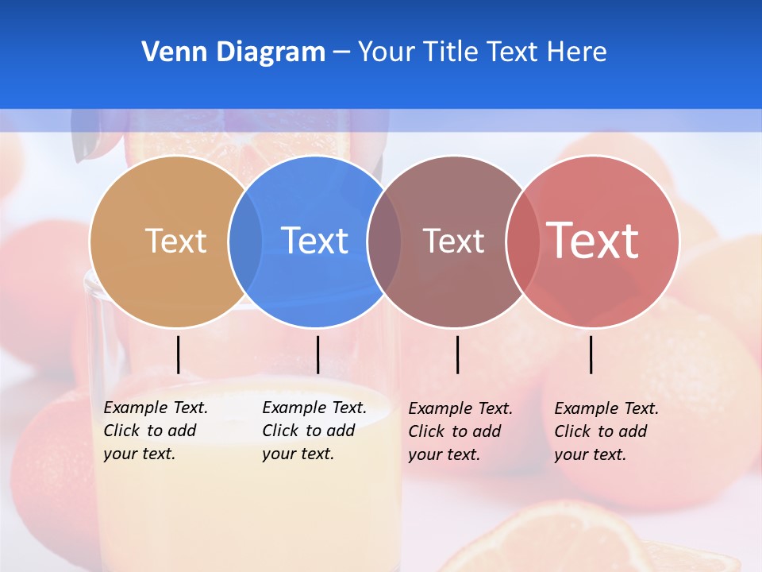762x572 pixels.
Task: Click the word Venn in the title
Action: [x=169, y=52]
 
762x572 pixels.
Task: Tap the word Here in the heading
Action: [x=577, y=52]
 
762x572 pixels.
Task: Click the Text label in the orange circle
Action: [x=175, y=241]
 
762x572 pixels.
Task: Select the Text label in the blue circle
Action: [x=314, y=241]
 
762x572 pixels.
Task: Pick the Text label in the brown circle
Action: [x=453, y=241]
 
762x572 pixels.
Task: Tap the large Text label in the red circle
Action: [x=593, y=241]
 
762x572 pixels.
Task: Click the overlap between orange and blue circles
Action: [x=245, y=242]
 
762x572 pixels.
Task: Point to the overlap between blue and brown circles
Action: [x=384, y=242]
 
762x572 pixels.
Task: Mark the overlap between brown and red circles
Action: [x=521, y=242]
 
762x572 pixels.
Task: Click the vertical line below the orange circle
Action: [x=179, y=354]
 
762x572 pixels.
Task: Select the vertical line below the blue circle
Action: [x=317, y=354]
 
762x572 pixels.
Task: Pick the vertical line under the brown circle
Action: [x=457, y=354]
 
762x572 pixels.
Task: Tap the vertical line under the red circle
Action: [x=591, y=354]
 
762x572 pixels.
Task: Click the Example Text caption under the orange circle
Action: [x=156, y=431]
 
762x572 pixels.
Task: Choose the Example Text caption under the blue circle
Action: [x=314, y=431]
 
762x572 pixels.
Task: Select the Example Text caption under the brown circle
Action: [x=460, y=431]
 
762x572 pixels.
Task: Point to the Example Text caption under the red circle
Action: [x=606, y=431]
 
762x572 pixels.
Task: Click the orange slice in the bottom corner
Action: [x=556, y=540]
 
